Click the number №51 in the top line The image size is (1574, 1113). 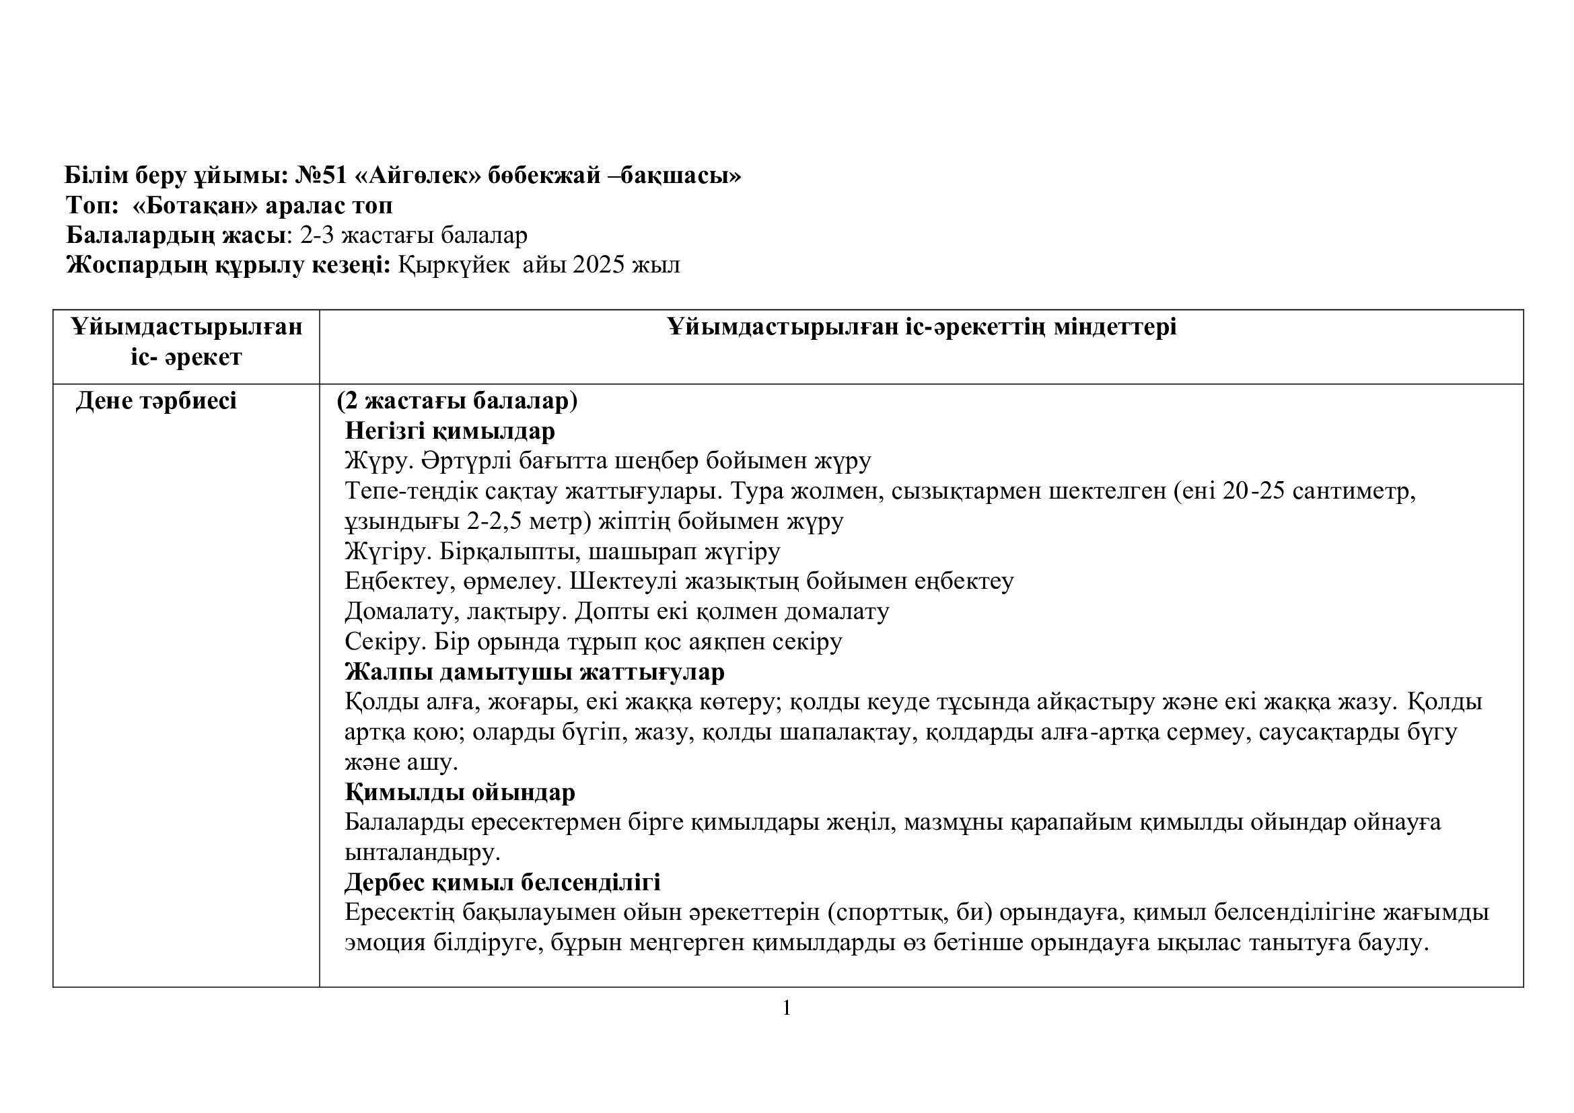tap(321, 176)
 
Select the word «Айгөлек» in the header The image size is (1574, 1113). tap(418, 176)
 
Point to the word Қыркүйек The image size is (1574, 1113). tap(454, 264)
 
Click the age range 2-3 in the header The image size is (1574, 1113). tap(317, 235)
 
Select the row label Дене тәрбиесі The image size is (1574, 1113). tap(156, 401)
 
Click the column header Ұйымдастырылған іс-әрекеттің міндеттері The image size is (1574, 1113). tap(921, 327)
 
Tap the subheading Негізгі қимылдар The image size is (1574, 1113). tap(450, 431)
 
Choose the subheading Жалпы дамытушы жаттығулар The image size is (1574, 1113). tap(534, 672)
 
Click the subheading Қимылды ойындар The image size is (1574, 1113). tap(460, 792)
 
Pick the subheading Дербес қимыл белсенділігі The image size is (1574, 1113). tap(502, 882)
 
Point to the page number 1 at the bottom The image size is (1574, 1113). tap(787, 1007)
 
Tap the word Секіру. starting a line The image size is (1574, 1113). tap(386, 642)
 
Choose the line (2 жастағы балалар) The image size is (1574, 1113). tap(457, 401)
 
